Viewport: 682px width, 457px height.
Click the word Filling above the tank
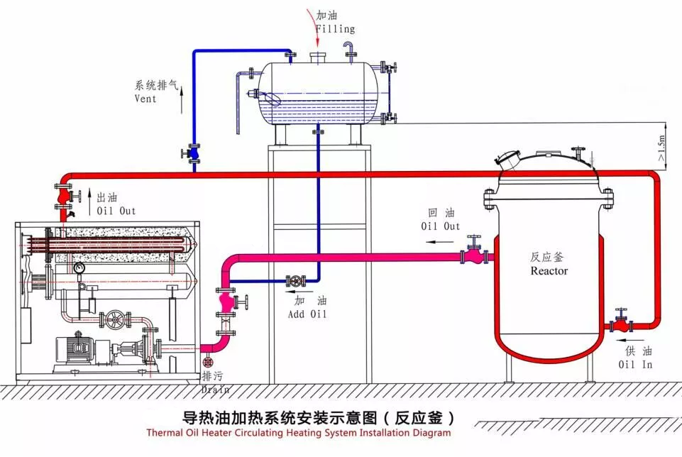335,29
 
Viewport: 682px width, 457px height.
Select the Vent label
145,99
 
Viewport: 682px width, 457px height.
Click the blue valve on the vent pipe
194,153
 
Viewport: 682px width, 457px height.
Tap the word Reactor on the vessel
549,271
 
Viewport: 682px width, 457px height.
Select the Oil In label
634,365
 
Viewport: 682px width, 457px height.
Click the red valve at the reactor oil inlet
622,325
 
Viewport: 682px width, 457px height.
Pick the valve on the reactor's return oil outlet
472,254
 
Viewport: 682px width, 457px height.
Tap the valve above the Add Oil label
294,282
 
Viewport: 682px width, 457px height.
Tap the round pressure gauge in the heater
79,268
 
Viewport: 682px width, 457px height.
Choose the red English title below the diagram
298,432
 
